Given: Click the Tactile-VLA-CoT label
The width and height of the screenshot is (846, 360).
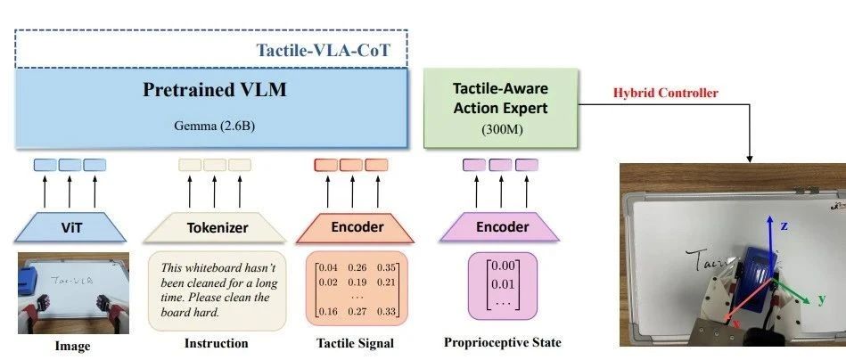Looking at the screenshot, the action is click(323, 50).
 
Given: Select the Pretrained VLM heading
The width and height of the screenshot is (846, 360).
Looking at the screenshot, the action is click(214, 89).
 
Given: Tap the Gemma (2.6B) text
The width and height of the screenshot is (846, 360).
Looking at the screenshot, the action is click(214, 126).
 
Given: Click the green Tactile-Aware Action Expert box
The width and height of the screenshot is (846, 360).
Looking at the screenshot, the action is click(500, 108).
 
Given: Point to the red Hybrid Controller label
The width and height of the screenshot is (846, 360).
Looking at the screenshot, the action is click(665, 93).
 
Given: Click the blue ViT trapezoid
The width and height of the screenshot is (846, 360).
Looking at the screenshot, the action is click(70, 227).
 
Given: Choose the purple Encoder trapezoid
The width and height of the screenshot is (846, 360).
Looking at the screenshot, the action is click(499, 227).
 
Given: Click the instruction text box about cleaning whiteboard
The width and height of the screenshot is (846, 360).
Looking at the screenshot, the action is click(218, 290).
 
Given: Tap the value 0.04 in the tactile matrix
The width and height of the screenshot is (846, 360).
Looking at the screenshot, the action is click(328, 267).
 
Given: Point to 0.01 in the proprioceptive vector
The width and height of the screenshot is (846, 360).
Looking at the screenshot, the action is click(503, 284).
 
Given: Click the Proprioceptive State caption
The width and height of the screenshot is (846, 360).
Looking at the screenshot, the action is click(502, 342).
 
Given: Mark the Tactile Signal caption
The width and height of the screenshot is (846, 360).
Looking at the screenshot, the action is click(355, 343).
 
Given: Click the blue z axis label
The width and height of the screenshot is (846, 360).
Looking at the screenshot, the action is click(784, 225).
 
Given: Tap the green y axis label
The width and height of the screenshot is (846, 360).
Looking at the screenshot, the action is click(822, 299).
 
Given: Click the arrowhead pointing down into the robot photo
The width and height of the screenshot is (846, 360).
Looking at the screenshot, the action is click(750, 159).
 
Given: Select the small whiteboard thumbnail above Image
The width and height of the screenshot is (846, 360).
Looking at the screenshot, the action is click(73, 293).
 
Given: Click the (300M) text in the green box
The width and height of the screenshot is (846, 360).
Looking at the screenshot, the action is click(501, 130).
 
